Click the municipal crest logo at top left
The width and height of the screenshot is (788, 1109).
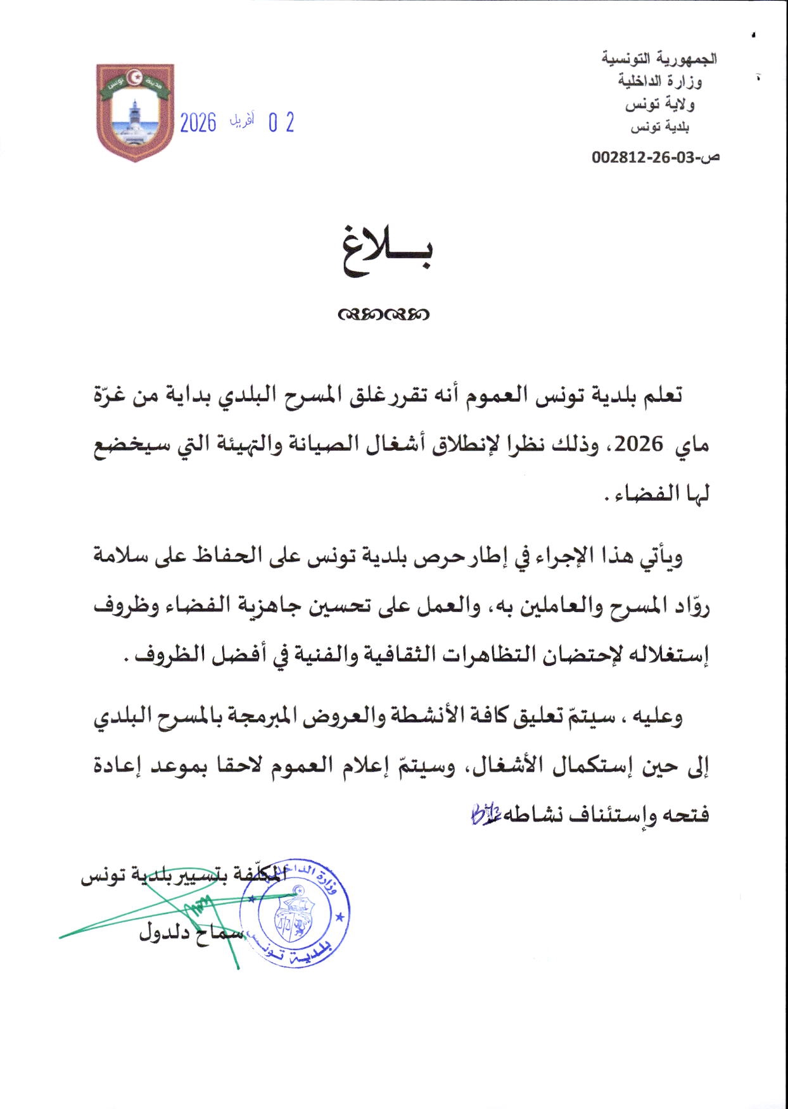click(135, 112)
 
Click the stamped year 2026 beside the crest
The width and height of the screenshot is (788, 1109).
click(198, 122)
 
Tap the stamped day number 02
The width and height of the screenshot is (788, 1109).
click(281, 122)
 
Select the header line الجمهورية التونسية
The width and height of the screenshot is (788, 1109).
click(659, 59)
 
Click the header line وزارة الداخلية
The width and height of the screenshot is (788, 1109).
click(660, 81)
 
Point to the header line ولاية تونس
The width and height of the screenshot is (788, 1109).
click(659, 104)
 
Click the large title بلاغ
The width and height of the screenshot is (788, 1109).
click(388, 253)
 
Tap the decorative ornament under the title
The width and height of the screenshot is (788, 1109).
click(384, 314)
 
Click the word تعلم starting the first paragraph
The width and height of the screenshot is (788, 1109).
click(662, 396)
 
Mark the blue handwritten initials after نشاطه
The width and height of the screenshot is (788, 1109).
click(486, 814)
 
